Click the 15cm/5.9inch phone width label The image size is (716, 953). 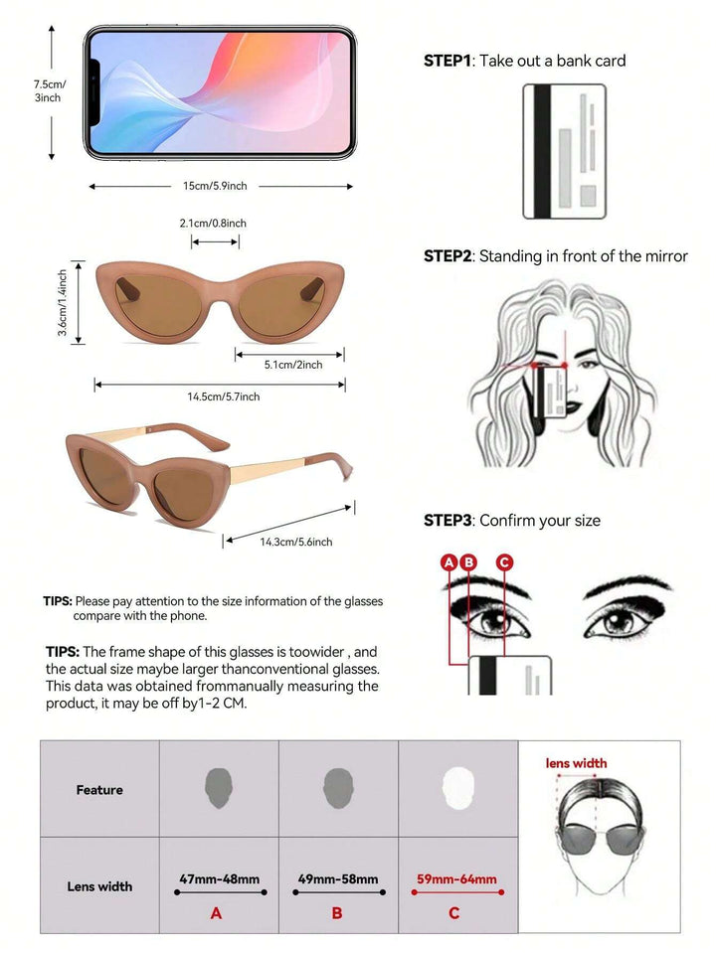point(215,186)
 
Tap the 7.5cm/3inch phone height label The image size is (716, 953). point(49,90)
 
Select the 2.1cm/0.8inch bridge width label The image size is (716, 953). point(213,223)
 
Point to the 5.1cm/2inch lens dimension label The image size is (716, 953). point(293,365)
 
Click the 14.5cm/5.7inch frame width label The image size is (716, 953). point(224,397)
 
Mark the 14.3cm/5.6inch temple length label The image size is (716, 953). point(296,542)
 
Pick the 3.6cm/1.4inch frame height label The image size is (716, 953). point(62,302)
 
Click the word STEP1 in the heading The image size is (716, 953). point(447,61)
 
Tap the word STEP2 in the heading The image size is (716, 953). point(447,255)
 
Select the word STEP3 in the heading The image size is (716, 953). point(447,521)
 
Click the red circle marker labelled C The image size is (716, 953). point(504,562)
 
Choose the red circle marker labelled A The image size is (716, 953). point(448,562)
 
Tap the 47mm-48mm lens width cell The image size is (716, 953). point(219,878)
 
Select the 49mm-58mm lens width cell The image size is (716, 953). point(338,878)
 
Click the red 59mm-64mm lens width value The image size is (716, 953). point(456,878)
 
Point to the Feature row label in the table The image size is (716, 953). point(99,789)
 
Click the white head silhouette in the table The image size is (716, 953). point(456,788)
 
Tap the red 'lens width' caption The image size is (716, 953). point(576,763)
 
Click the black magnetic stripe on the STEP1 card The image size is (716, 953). point(542,151)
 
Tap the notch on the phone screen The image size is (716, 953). point(94,93)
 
